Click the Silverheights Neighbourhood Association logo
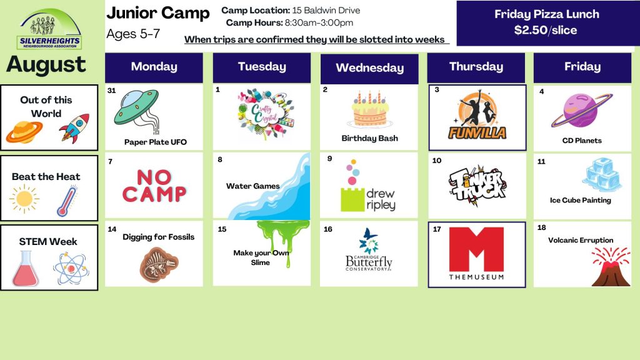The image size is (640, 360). click(x=50, y=29)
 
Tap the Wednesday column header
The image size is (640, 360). click(x=369, y=68)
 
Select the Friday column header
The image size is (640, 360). click(x=582, y=67)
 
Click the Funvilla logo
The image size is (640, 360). click(x=477, y=115)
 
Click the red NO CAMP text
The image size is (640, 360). click(x=154, y=186)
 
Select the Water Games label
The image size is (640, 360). click(x=253, y=186)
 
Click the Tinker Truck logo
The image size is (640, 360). click(x=477, y=186)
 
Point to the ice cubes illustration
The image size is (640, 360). click(x=602, y=174)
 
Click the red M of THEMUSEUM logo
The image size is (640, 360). click(x=476, y=249)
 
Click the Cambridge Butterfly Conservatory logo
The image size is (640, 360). click(x=369, y=250)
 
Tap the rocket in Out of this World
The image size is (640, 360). click(x=74, y=128)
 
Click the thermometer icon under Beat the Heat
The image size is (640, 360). click(x=67, y=201)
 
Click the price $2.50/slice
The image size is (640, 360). click(x=546, y=30)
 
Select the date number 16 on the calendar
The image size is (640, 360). click(x=327, y=229)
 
